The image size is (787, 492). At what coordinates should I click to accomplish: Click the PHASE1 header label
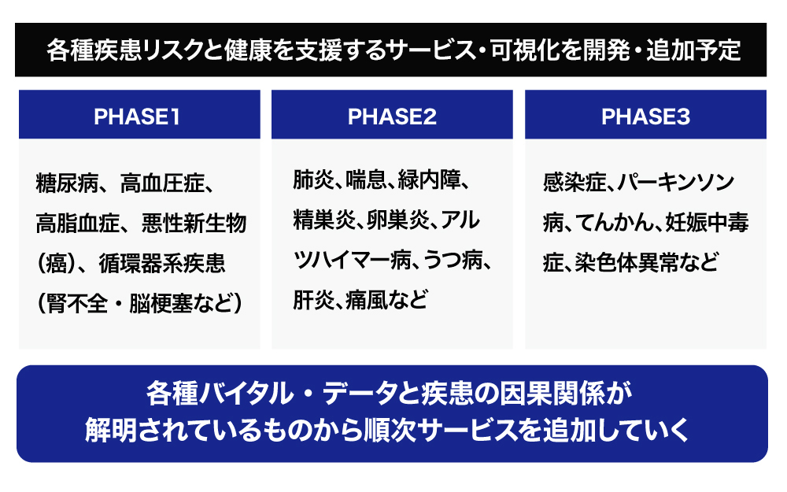click(x=136, y=117)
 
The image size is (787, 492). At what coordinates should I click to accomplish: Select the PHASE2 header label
click(x=392, y=117)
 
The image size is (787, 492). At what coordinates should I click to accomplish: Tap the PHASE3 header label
click(x=645, y=117)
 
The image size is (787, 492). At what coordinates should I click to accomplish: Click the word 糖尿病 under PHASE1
click(x=67, y=183)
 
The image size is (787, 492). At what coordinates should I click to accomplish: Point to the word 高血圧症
click(x=162, y=183)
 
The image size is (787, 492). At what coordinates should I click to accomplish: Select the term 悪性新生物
click(x=194, y=223)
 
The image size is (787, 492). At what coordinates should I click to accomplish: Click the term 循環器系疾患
click(x=162, y=263)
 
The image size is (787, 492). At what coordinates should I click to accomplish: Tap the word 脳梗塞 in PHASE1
click(x=161, y=303)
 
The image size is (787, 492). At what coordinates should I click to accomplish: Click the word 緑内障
click(x=429, y=179)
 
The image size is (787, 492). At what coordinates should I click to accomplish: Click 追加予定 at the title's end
click(x=693, y=50)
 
